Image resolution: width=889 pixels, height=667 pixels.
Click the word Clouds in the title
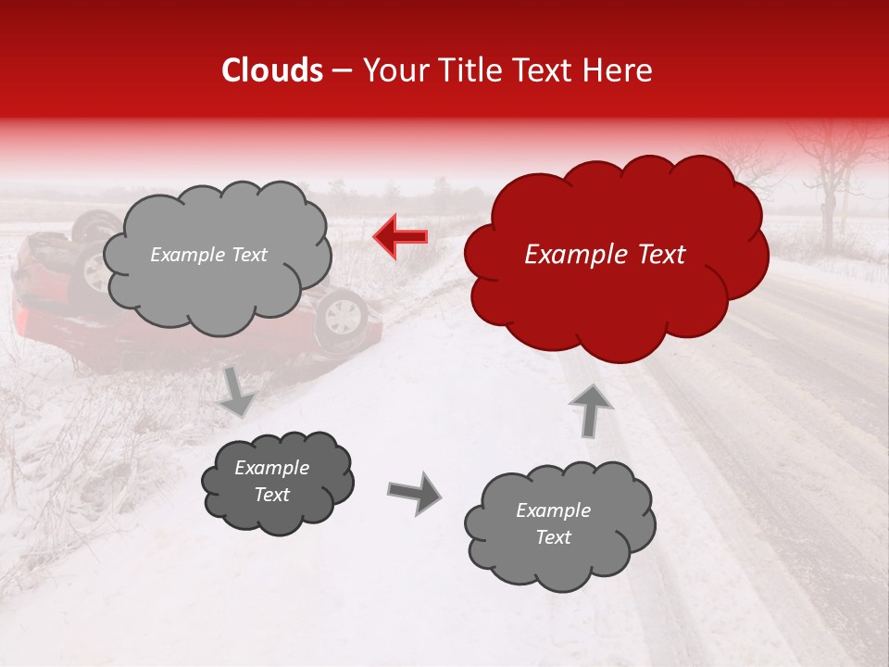click(x=272, y=70)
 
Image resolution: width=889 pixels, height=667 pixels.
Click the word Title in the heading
click(x=472, y=70)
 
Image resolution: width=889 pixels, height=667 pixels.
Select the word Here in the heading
click(x=619, y=70)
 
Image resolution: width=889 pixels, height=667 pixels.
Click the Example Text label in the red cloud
click(x=605, y=255)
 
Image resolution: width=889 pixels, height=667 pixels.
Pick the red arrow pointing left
click(x=400, y=237)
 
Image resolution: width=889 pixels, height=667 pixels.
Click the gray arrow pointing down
click(x=236, y=391)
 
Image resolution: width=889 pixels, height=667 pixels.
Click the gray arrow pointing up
click(x=590, y=409)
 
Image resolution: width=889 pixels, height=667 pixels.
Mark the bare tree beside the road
click(x=830, y=176)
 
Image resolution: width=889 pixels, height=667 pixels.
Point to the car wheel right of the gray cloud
click(x=342, y=316)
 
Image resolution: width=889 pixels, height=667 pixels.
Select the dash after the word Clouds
click(x=341, y=70)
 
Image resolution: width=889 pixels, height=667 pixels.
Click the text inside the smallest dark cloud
click(x=271, y=482)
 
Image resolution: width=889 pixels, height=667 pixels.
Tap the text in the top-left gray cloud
click(x=208, y=255)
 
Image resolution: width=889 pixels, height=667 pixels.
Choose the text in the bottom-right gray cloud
click(x=553, y=523)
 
